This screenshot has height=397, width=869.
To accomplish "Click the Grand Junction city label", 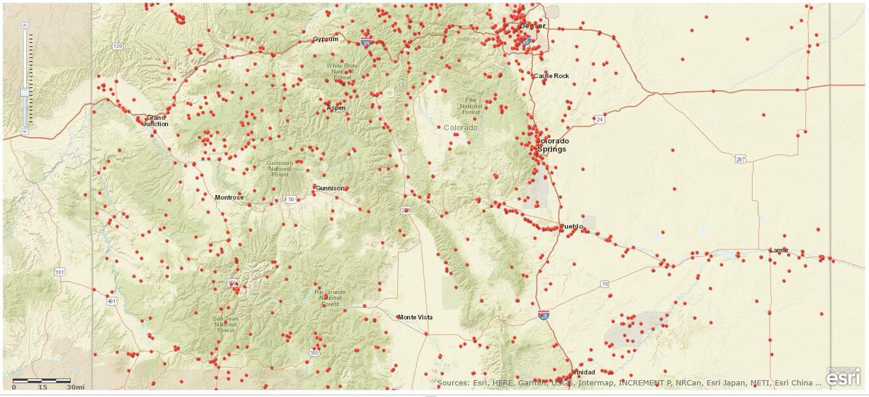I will (155, 120).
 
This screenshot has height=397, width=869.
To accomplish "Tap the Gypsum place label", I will (325, 39).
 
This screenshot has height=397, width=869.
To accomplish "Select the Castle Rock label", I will (551, 76).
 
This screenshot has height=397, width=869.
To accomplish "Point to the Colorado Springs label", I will (552, 145).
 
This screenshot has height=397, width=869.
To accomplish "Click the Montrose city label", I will (229, 197).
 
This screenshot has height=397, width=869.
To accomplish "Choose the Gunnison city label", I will (330, 188).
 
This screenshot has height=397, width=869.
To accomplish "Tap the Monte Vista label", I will (415, 317).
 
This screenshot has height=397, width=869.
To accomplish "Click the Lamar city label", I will (779, 250).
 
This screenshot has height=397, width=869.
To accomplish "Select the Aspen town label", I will (336, 108).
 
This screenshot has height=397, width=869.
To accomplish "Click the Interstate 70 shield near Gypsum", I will (366, 43).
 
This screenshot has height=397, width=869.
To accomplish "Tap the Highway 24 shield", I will (599, 120).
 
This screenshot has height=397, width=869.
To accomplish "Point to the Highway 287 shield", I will (740, 159).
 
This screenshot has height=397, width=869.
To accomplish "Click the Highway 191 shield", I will (60, 272).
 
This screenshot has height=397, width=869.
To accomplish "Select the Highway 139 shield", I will (117, 46).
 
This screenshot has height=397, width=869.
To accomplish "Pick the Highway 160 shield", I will (315, 353).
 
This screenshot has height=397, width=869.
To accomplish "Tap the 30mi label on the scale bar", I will (75, 387).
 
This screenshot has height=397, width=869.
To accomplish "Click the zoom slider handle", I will (25, 92).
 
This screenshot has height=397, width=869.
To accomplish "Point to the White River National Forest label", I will (342, 71).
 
